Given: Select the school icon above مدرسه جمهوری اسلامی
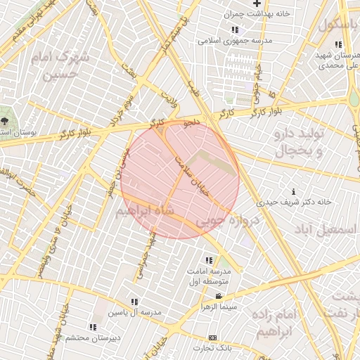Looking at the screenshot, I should (234, 30).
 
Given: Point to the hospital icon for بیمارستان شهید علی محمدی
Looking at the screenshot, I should (338, 45).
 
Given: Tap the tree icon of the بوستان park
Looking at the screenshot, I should (5, 120).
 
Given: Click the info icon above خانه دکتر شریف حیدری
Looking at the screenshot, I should (293, 191).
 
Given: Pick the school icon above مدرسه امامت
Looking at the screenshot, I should (208, 261).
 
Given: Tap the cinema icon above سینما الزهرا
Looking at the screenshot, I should (219, 297).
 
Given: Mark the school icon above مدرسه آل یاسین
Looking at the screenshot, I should (135, 302).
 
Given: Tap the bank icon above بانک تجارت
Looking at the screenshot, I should (214, 338).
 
